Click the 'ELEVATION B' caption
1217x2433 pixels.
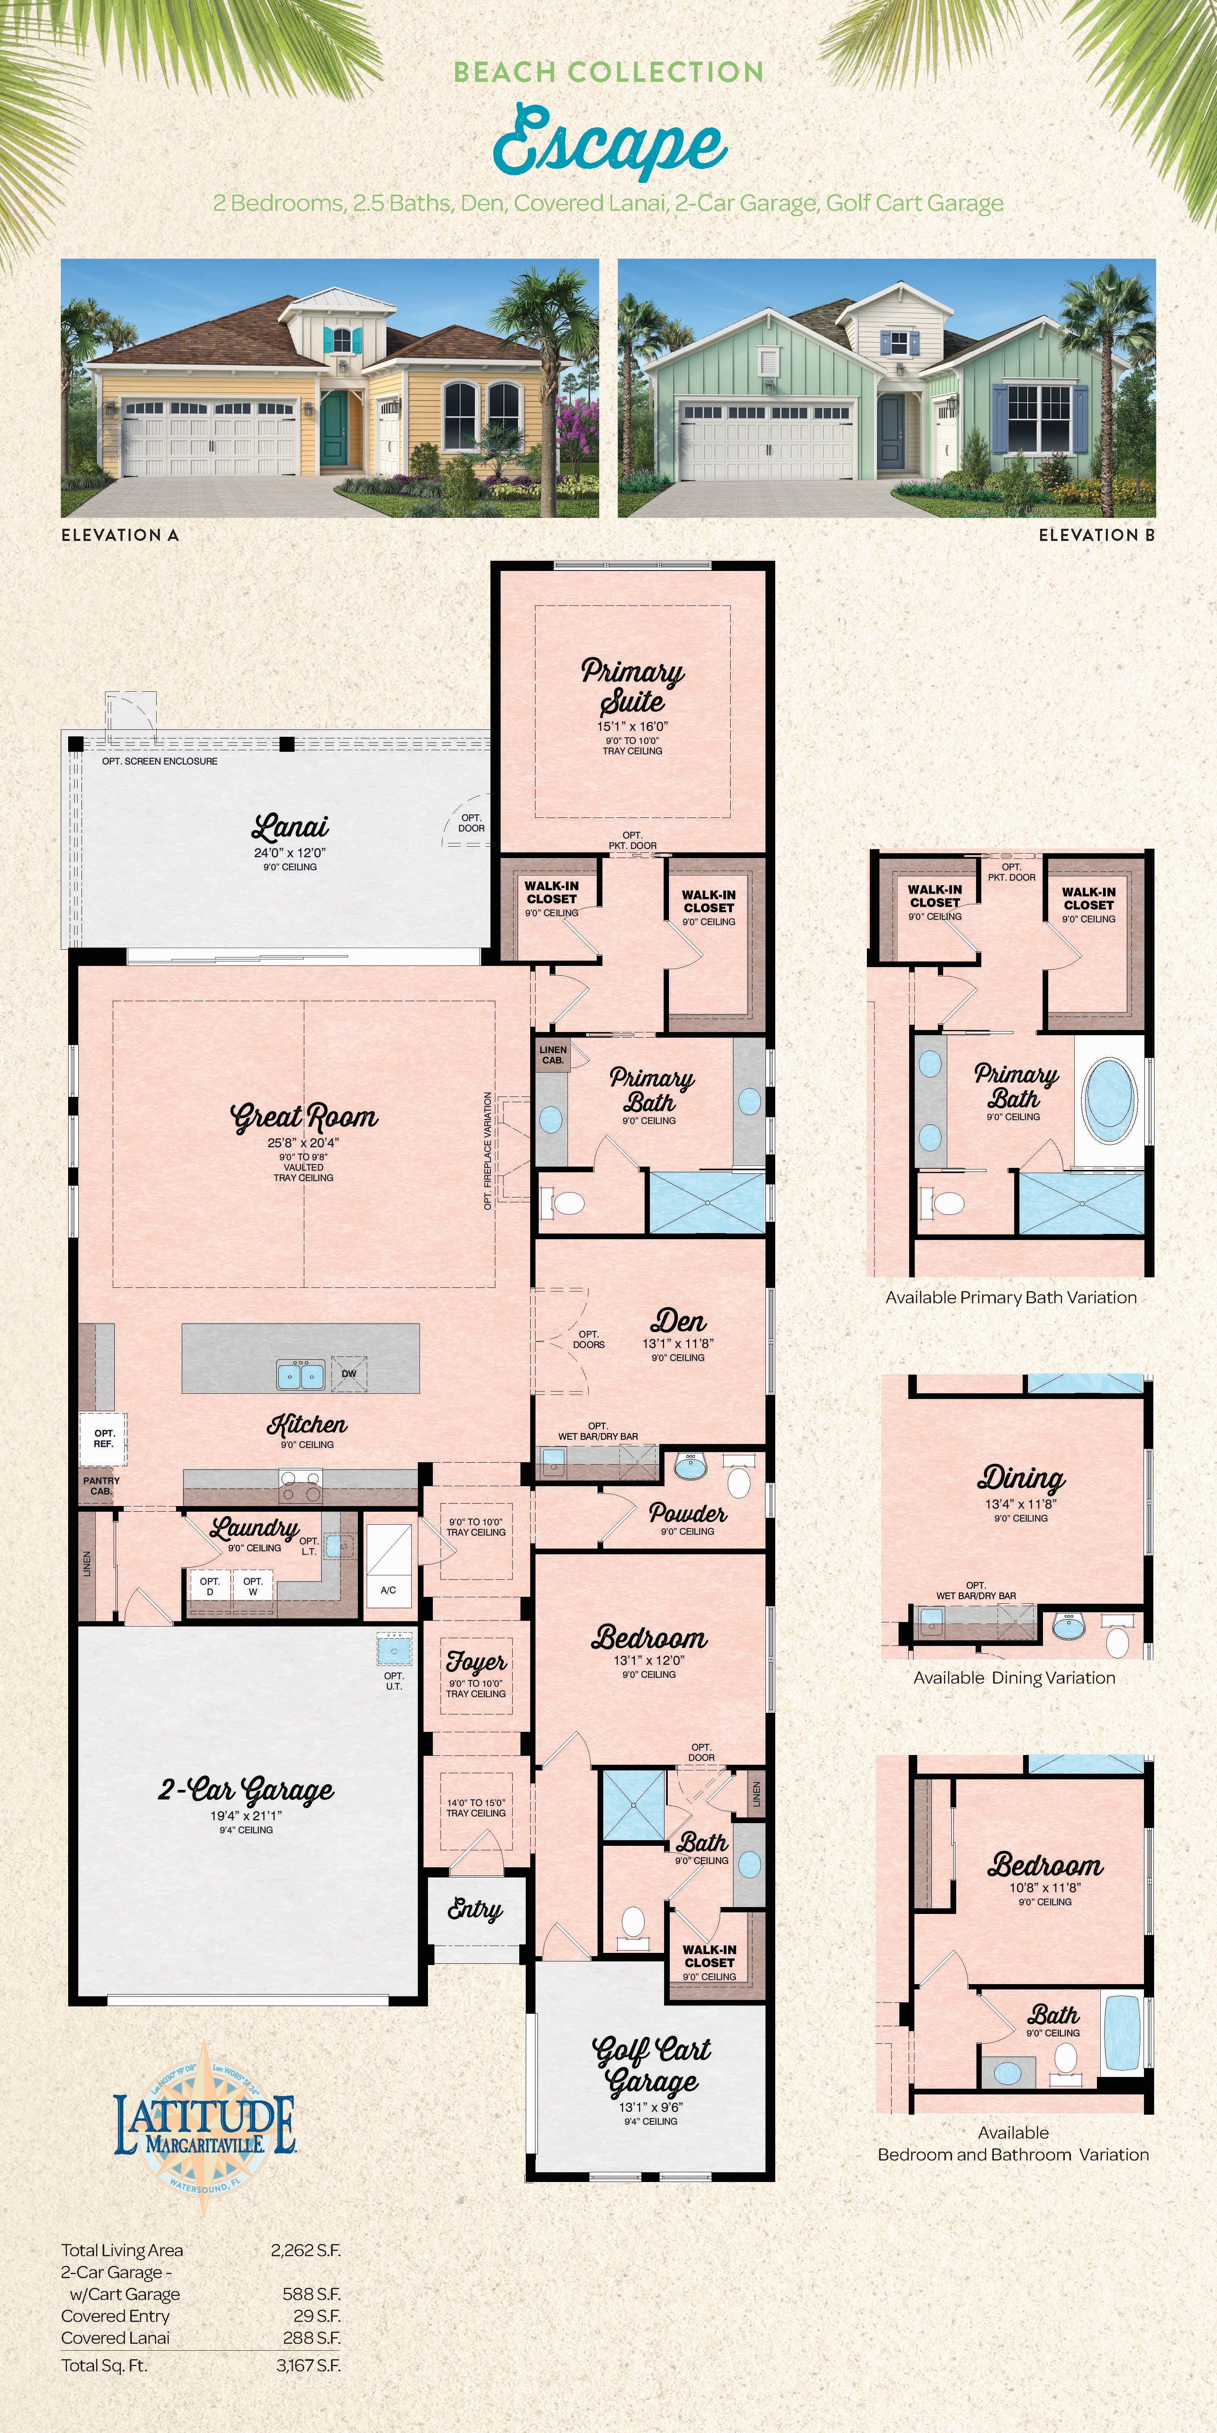click(x=1096, y=534)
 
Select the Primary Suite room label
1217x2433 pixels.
click(x=632, y=687)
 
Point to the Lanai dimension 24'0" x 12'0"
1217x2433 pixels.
click(x=290, y=852)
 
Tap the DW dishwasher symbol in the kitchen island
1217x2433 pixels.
click(x=348, y=1373)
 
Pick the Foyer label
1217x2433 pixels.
click(x=476, y=1661)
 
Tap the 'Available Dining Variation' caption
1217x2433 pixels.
click(x=1014, y=1678)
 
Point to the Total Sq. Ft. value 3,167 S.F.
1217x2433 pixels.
click(x=305, y=2365)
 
